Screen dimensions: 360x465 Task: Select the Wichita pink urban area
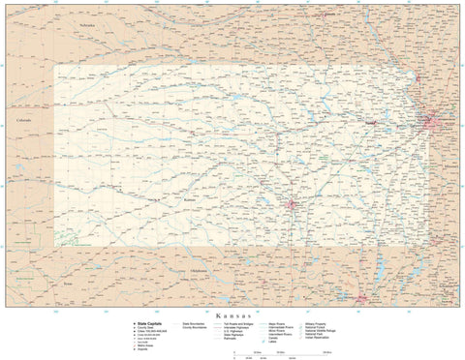click(x=291, y=204)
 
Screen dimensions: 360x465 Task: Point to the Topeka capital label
click(x=369, y=124)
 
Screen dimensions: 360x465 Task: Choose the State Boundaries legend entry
click(x=194, y=323)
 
